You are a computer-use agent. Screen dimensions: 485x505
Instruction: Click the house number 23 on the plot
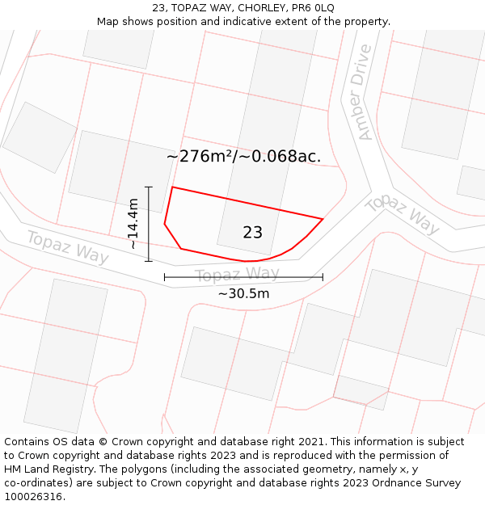coord(252,233)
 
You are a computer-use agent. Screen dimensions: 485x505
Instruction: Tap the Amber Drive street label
coord(361,92)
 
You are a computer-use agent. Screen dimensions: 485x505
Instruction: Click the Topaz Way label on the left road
coord(68,246)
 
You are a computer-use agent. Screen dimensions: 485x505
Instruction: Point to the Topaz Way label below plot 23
coord(237,275)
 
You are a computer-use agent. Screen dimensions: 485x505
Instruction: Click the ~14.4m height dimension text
coord(133,224)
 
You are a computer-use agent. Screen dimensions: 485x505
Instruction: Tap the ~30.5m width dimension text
coord(243,293)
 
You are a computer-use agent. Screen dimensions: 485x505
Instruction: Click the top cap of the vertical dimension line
coord(149,187)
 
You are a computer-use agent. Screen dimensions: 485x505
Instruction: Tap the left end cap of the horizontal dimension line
coord(165,277)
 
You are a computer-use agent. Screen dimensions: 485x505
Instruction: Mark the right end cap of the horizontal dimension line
coord(323,277)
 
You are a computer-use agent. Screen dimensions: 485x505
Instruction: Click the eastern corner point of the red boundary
coord(323,219)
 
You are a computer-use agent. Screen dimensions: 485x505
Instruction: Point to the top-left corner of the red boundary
coord(172,187)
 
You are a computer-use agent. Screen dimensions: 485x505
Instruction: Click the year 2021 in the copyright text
coord(308,442)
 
